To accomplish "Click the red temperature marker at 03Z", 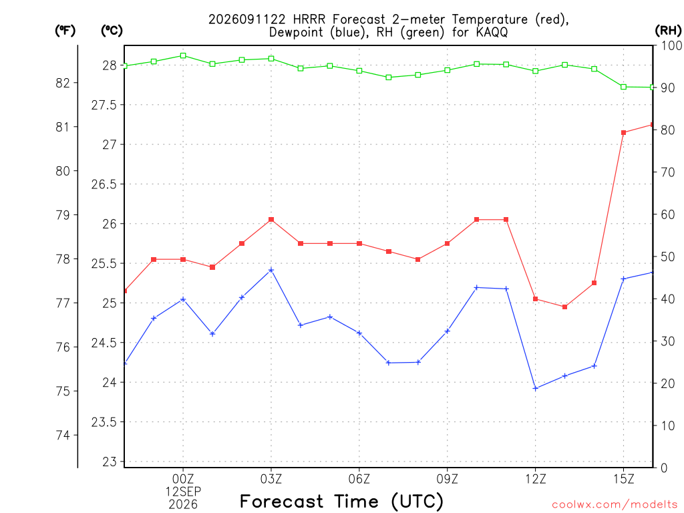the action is (271, 220).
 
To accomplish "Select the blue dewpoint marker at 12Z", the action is (535, 388).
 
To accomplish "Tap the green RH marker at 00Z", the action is (183, 56).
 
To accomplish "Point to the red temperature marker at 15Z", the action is (623, 133).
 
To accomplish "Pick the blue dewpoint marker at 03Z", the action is (271, 270).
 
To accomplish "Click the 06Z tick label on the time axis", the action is (359, 479).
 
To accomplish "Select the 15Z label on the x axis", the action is (623, 479).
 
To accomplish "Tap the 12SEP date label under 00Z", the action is (183, 492).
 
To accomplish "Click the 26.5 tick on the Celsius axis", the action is (104, 184).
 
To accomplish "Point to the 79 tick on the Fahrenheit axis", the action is (63, 215).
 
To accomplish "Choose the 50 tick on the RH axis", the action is (667, 256).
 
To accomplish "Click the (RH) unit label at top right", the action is (668, 31).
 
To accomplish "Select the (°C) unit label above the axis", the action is (112, 31).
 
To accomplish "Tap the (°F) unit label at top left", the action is (65, 31).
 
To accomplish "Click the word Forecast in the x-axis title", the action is (282, 502).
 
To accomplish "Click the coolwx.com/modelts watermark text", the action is (615, 505).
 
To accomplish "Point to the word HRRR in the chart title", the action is (309, 19).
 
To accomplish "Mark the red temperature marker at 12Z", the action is (535, 299).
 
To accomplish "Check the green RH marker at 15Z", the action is (623, 88).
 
